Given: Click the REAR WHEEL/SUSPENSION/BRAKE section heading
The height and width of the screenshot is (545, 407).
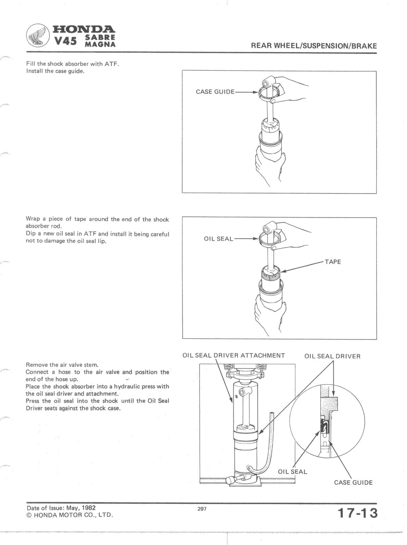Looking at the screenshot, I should (314, 45).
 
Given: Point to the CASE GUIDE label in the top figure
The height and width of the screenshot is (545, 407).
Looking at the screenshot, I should (215, 92).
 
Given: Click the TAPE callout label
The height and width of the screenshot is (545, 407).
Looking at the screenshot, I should (332, 262).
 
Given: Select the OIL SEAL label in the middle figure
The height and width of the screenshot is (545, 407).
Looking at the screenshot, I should (218, 239).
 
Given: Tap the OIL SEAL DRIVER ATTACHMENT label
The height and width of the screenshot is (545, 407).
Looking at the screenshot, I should (234, 356).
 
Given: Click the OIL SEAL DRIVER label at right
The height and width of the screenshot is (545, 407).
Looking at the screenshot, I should (332, 356).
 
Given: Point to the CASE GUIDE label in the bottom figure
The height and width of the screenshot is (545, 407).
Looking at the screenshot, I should (353, 483).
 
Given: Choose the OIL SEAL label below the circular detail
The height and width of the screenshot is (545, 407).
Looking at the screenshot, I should (292, 472).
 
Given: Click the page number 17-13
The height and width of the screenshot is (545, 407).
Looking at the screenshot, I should (357, 514).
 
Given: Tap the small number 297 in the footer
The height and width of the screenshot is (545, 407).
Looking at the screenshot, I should (202, 509).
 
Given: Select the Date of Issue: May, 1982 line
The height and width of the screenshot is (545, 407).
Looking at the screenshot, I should (61, 508).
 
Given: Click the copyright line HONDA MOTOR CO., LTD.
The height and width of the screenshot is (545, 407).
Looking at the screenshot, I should (69, 515).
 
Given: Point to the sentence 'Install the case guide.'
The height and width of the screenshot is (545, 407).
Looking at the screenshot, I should (55, 71).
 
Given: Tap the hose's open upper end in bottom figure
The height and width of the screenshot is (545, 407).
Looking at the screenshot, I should (272, 414).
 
